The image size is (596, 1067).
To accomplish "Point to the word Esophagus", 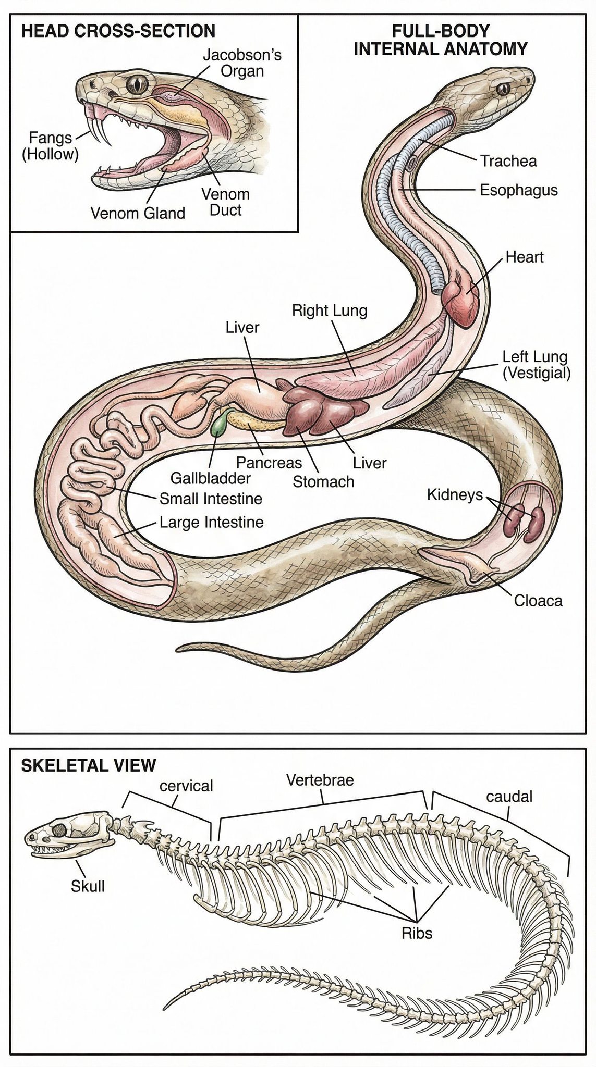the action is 519,190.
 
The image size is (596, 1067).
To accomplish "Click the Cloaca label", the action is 539,601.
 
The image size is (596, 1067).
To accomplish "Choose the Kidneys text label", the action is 455,494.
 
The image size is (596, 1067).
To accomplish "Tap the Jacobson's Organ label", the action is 242,63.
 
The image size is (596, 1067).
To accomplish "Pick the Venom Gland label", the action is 138,213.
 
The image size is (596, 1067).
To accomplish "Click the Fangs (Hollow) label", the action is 50,146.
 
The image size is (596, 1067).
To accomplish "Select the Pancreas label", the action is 269,462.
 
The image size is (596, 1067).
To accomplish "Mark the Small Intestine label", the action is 211,499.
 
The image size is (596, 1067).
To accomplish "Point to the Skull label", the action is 88,885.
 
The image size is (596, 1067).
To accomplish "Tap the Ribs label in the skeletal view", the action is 417,933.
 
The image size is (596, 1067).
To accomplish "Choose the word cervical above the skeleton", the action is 186,785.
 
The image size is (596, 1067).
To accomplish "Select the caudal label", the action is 509,796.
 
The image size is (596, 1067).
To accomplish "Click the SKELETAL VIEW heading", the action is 88,765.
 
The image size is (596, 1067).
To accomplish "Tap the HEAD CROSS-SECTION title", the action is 118,30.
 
